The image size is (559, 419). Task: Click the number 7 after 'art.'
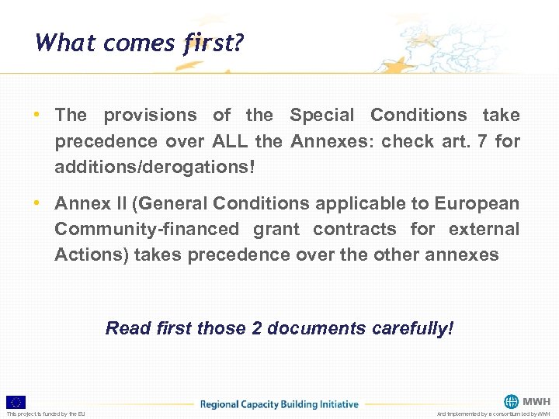[478, 141]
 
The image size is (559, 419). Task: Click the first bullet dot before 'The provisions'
[36, 116]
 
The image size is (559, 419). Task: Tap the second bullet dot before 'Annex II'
[36, 203]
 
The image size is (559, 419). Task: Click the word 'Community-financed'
[147, 229]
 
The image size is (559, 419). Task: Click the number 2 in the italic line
[256, 328]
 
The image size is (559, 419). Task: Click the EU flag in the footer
[16, 402]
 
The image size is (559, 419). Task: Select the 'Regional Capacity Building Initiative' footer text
[279, 403]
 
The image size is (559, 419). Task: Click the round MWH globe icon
[511, 401]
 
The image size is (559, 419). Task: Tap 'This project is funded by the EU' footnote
[46, 414]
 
